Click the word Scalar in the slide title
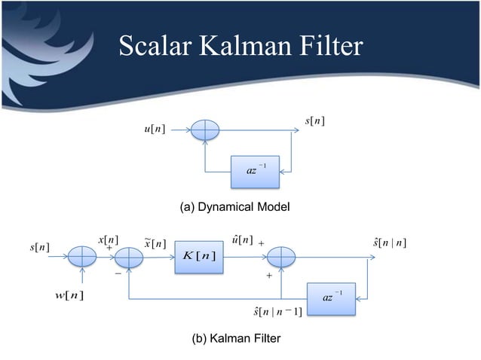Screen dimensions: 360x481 [x=153, y=47]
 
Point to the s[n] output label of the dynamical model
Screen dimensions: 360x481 [x=314, y=121]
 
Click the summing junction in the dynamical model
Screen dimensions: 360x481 [x=204, y=130]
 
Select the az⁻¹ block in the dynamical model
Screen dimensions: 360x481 [x=256, y=170]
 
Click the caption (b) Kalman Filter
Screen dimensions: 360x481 [x=237, y=339]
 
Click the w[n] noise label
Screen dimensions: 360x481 [x=67, y=293]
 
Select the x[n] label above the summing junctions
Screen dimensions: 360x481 [x=109, y=239]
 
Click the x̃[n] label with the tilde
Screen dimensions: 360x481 [x=155, y=243]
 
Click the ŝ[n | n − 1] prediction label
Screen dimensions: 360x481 [x=279, y=312]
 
